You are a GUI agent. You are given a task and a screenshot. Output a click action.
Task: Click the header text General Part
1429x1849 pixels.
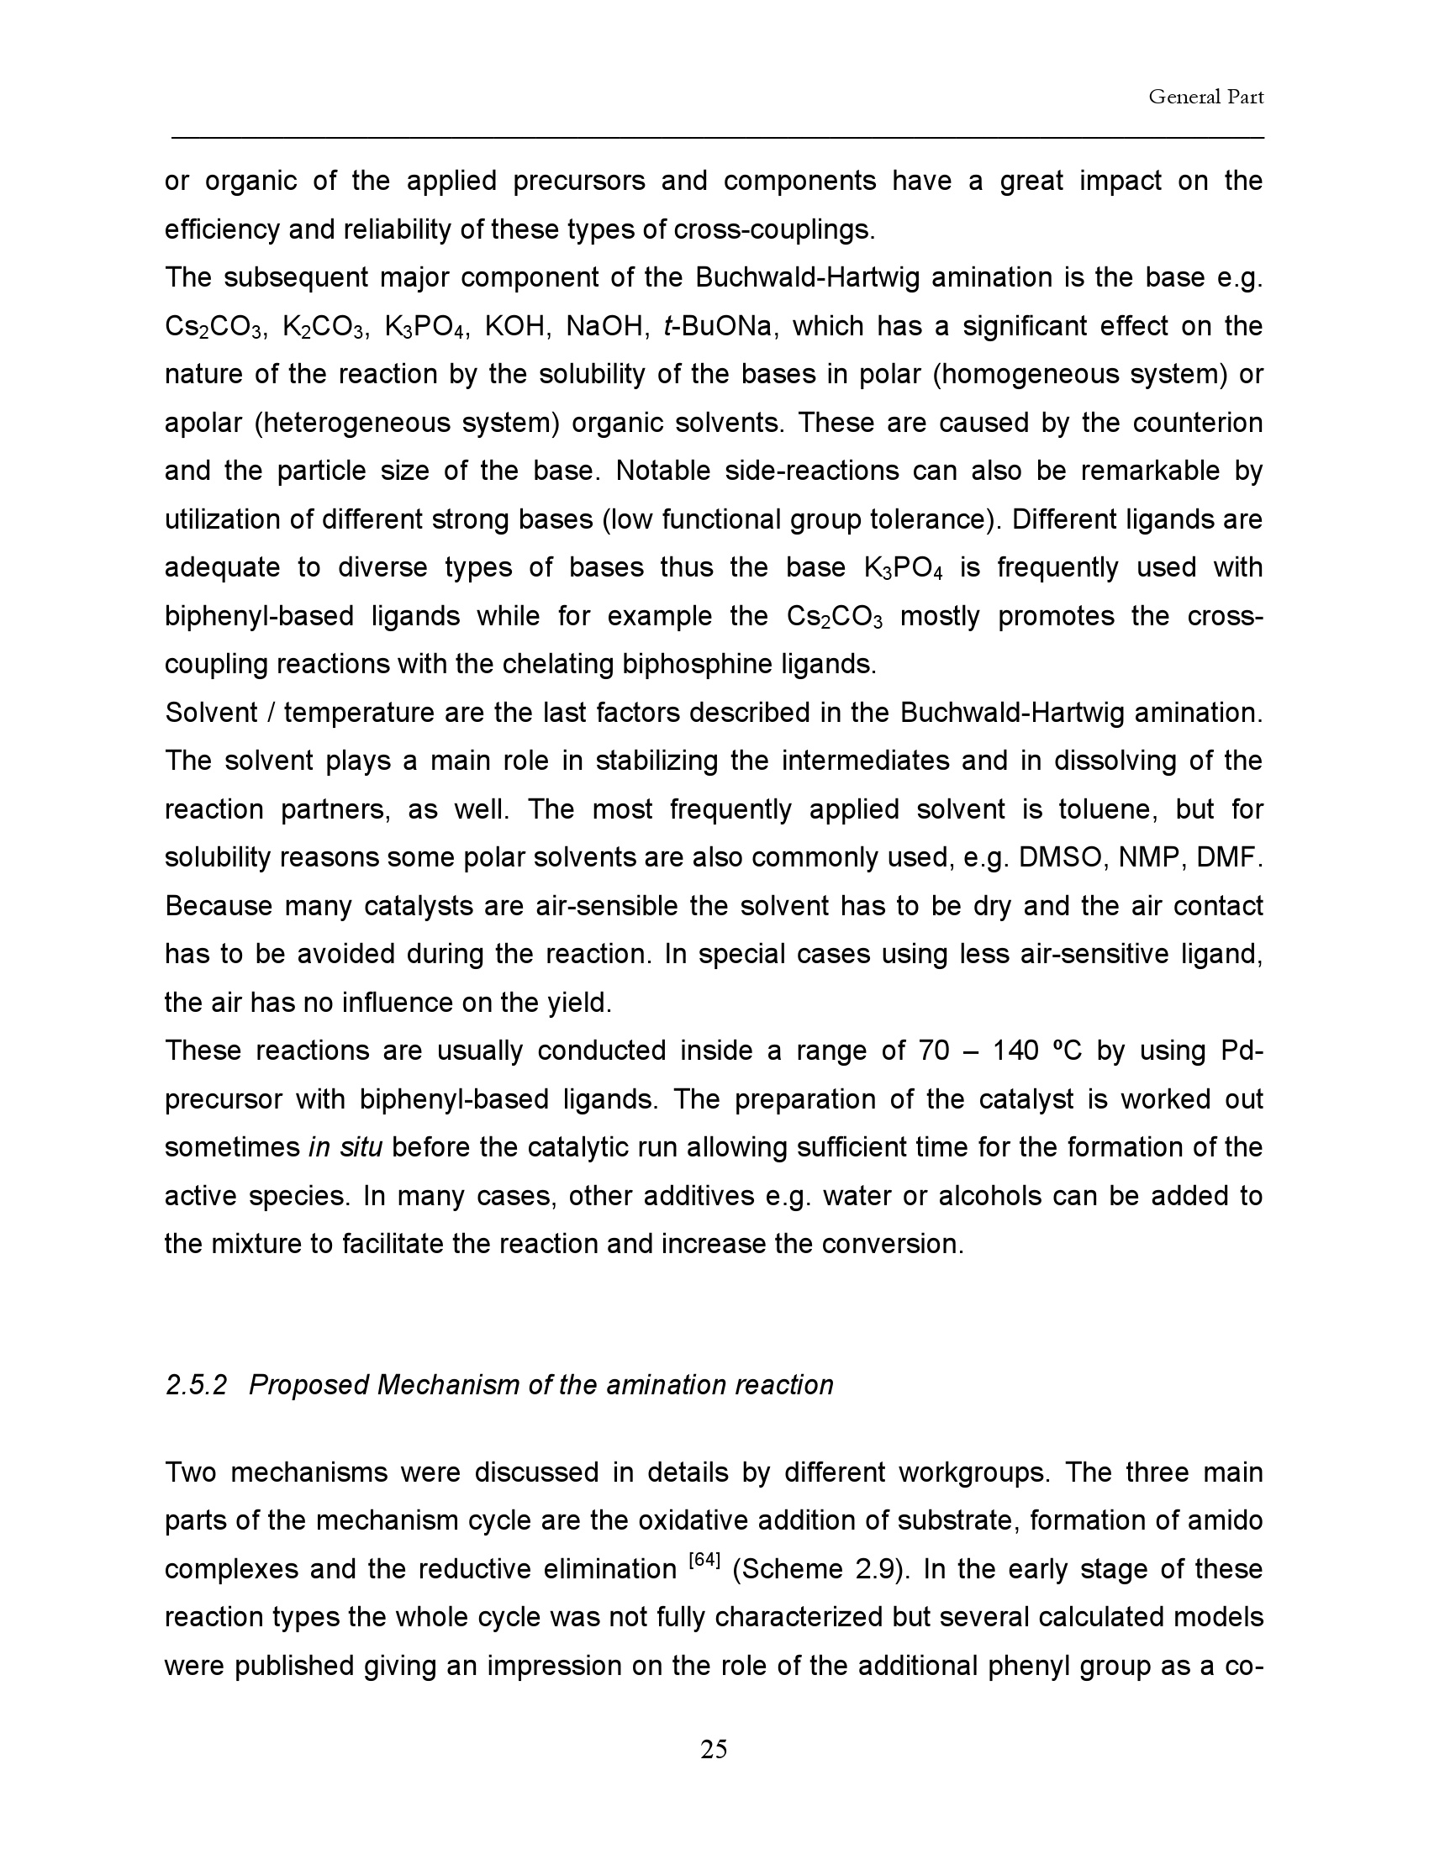1205,97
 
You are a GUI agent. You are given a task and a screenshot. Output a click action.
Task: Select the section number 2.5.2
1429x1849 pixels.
197,1385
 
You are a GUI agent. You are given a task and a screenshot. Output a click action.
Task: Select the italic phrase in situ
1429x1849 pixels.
345,1147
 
